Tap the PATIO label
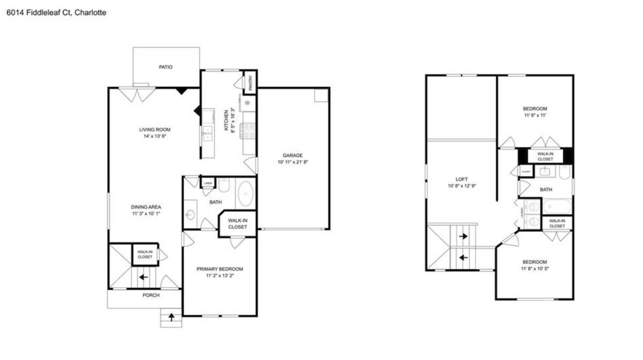(x=165, y=67)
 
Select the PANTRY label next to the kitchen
(x=250, y=82)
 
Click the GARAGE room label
(x=293, y=156)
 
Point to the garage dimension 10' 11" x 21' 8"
(x=293, y=162)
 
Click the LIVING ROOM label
(x=155, y=129)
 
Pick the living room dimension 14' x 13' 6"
(x=155, y=136)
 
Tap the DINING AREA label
(x=146, y=207)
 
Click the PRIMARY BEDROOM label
(x=220, y=269)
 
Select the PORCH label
(x=151, y=295)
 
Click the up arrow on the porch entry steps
(x=172, y=317)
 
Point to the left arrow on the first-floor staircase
(x=143, y=277)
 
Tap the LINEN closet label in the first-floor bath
(x=208, y=183)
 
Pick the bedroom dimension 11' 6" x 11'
(x=536, y=115)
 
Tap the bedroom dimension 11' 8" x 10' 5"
(x=535, y=268)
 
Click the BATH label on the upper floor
(x=546, y=189)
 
